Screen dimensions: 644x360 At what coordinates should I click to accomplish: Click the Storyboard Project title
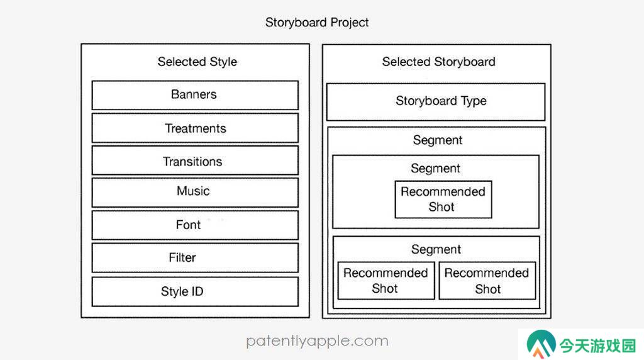[317, 22]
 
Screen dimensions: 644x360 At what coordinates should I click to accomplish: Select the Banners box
[195, 95]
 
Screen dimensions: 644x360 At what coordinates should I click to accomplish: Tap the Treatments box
[195, 128]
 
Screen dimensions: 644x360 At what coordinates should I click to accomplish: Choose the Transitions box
[195, 160]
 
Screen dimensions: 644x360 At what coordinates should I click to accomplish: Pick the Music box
[195, 193]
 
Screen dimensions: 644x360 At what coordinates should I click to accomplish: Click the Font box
[195, 225]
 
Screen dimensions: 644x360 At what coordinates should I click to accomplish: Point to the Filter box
[195, 257]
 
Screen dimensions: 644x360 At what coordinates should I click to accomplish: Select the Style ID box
[195, 291]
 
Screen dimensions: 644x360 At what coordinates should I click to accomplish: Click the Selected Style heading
[197, 62]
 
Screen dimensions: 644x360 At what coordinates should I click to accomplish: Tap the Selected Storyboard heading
[438, 62]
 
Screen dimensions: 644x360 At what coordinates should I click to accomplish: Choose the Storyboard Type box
[436, 102]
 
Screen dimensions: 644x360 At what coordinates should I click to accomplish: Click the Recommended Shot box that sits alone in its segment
[443, 200]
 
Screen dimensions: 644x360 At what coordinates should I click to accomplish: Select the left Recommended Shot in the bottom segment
[386, 281]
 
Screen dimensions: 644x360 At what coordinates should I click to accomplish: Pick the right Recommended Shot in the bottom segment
[487, 281]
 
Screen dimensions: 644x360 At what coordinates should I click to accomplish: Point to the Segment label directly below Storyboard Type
[438, 140]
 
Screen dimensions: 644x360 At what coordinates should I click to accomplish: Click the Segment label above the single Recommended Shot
[435, 168]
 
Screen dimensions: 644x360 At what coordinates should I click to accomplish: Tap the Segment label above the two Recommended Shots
[436, 249]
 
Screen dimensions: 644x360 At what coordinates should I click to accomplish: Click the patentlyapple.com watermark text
[317, 340]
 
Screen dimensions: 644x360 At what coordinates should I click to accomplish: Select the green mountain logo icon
[541, 344]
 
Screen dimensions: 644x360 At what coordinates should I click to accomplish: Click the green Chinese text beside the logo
[597, 346]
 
